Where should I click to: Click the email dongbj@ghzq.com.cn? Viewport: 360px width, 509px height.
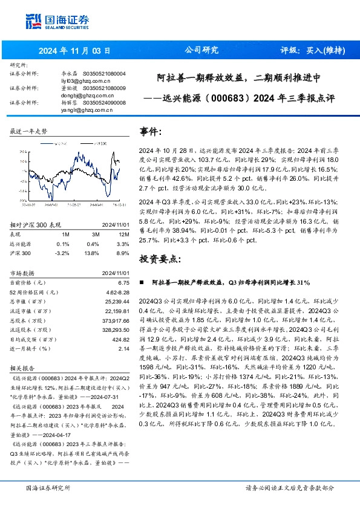(x=88, y=95)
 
